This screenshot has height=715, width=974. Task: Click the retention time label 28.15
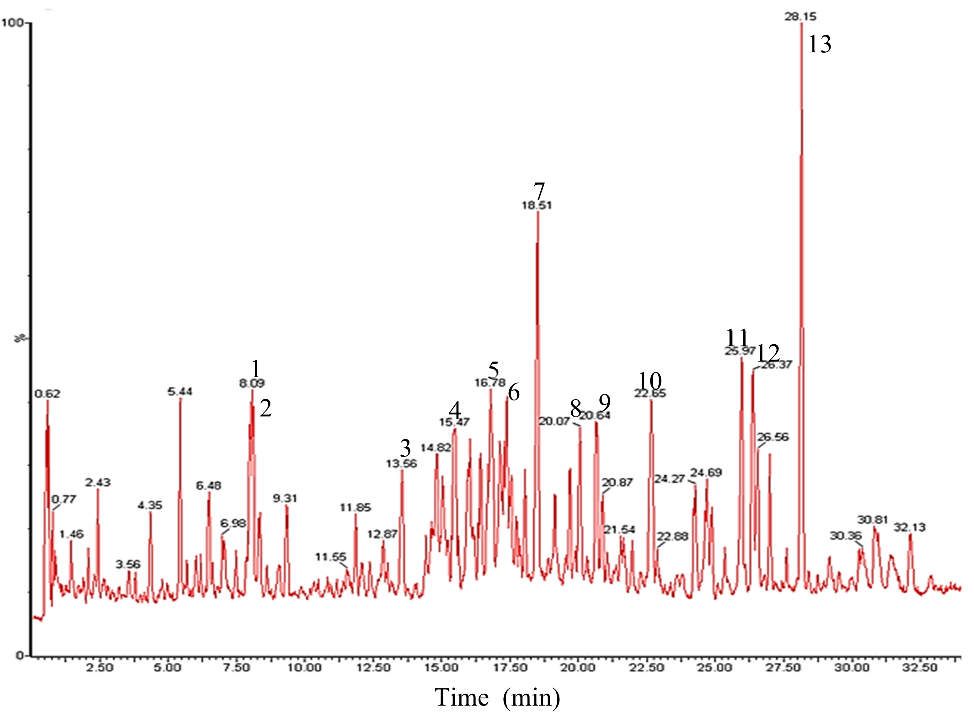(800, 17)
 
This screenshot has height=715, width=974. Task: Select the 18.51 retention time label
(537, 205)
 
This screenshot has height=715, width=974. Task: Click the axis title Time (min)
(497, 697)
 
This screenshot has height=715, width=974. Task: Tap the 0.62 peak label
(48, 394)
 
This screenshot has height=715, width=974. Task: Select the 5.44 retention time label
(180, 392)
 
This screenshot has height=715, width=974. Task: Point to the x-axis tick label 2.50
(99, 667)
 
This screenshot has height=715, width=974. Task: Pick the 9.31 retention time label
(285, 499)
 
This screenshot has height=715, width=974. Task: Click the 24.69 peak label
(706, 473)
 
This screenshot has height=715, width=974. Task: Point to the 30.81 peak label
(873, 519)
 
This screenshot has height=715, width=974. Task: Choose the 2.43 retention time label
(98, 482)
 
